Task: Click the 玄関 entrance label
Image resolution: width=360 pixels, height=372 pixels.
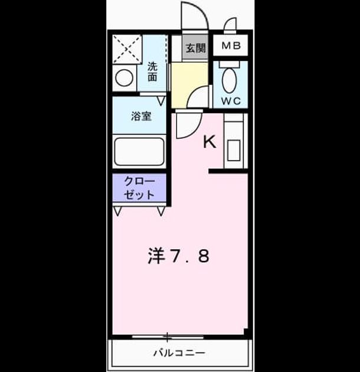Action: click(x=195, y=48)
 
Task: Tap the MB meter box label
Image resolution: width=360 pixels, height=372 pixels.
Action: click(x=231, y=45)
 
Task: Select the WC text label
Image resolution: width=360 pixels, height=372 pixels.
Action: click(x=231, y=102)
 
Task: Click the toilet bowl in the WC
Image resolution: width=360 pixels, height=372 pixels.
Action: click(x=230, y=80)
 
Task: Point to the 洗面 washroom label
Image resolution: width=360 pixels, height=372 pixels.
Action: click(x=152, y=71)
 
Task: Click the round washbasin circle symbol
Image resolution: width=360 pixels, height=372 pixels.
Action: click(x=124, y=78)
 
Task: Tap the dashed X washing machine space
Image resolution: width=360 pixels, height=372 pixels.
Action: click(x=127, y=50)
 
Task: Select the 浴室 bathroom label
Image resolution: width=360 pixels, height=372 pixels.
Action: click(x=141, y=116)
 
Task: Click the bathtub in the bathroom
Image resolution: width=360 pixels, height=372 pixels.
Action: click(x=139, y=152)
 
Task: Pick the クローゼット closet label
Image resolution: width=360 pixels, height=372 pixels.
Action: click(x=139, y=188)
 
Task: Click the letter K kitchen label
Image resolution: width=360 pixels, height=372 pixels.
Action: click(x=210, y=142)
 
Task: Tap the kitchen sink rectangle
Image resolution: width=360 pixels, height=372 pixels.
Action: click(x=234, y=151)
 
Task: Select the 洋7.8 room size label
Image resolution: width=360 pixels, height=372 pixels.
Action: click(x=179, y=256)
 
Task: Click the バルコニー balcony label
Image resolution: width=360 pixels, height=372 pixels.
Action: click(x=179, y=353)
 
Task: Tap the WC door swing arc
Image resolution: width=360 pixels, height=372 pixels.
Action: click(x=196, y=94)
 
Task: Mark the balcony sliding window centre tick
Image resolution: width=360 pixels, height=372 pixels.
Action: click(x=168, y=337)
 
